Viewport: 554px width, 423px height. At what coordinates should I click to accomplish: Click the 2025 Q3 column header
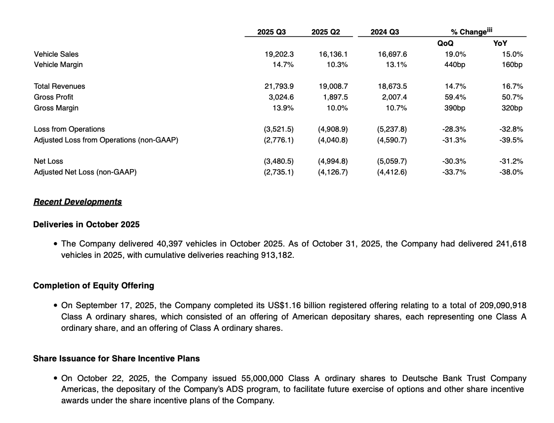click(x=272, y=32)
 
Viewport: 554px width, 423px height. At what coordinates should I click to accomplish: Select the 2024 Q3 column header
click(x=385, y=32)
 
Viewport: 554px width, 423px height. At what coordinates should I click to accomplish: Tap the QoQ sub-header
click(x=445, y=43)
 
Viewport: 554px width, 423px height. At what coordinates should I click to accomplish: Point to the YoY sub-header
click(x=500, y=43)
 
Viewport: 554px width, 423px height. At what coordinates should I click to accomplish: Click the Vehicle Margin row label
click(x=58, y=65)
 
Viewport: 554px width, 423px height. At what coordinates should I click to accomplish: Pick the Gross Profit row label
click(x=53, y=97)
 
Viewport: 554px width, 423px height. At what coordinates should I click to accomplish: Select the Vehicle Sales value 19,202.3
click(x=279, y=54)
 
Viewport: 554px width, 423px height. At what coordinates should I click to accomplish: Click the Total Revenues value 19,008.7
click(x=333, y=86)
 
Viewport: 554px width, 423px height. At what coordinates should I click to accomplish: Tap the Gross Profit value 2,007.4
click(x=394, y=97)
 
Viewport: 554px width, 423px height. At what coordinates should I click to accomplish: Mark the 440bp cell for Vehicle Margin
click(x=455, y=65)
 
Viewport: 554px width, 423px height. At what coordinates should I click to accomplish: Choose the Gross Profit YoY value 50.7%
click(x=513, y=97)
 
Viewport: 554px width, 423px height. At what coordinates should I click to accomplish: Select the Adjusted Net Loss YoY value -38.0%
click(x=512, y=172)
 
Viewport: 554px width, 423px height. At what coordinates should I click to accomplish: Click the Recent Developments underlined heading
click(x=78, y=202)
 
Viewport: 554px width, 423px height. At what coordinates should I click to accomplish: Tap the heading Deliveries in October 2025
click(x=86, y=224)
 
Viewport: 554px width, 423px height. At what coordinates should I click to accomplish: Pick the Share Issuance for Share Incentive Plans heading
click(x=117, y=358)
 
